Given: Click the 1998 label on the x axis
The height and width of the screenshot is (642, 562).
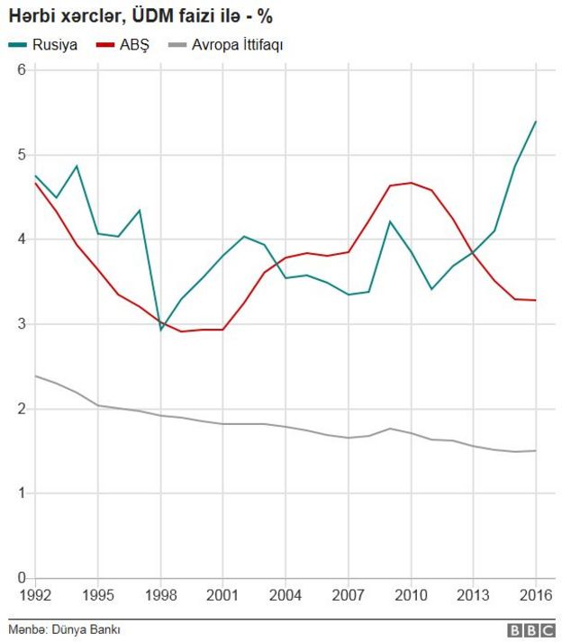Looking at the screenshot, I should point(160,595).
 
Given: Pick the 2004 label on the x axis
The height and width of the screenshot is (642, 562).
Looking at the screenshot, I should point(286,595).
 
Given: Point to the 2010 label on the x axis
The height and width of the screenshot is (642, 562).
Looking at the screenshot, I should point(411,595).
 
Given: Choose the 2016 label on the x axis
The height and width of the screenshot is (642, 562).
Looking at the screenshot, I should point(535,595).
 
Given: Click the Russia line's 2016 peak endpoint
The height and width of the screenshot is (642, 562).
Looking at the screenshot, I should point(536,122).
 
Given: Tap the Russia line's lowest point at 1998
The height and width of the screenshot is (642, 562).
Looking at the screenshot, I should point(161,330).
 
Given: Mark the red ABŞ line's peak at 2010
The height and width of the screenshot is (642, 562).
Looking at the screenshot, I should point(411,183).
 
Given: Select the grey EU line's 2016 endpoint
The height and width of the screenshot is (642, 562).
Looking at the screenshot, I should point(536,450).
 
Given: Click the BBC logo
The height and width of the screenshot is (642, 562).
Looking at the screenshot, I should point(530,630).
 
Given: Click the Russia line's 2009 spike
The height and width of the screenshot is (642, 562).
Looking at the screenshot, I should point(390,222).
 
